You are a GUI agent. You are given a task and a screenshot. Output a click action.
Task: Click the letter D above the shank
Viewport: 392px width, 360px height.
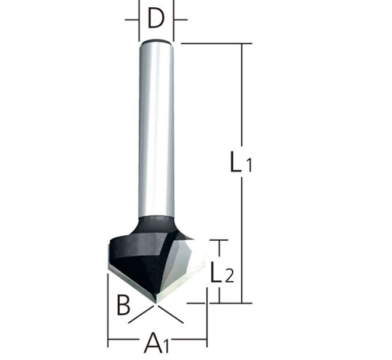pos(156,18)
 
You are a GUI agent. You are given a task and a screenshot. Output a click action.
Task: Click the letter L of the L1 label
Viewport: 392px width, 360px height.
pos(236,162)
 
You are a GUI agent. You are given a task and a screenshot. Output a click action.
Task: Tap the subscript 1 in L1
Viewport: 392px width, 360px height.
pos(248,165)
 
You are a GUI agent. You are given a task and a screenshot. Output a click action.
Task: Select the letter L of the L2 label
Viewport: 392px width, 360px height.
pos(216,272)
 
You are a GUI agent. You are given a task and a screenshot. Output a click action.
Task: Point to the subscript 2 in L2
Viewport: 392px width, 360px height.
pos(229,276)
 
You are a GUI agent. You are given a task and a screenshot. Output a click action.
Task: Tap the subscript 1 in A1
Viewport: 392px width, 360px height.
pos(167,346)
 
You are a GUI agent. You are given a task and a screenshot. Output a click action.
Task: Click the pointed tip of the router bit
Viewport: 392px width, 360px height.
pos(156,303)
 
